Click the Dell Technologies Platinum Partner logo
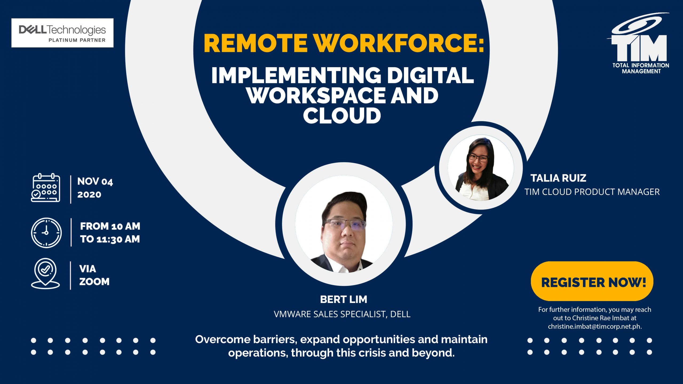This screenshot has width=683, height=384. coord(62,33)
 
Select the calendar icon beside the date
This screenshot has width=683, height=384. coord(46,187)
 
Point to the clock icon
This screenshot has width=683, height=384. coord(46,233)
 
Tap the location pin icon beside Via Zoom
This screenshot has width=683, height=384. coord(45,273)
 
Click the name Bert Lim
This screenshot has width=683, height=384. coord(344,299)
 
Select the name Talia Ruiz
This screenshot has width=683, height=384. coord(558,178)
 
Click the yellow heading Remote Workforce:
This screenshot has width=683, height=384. coord(344,43)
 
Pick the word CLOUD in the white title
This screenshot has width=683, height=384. coord(342,115)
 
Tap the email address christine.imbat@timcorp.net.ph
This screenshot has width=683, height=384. coord(595,326)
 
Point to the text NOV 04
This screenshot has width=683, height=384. coord(95,182)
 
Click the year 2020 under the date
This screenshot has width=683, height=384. coord(89,194)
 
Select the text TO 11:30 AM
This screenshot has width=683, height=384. coord(110,239)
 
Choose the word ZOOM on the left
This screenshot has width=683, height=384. coord(94,282)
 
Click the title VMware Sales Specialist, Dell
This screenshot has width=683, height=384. coord(342,314)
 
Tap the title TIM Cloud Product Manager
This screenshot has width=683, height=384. coord(592,192)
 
